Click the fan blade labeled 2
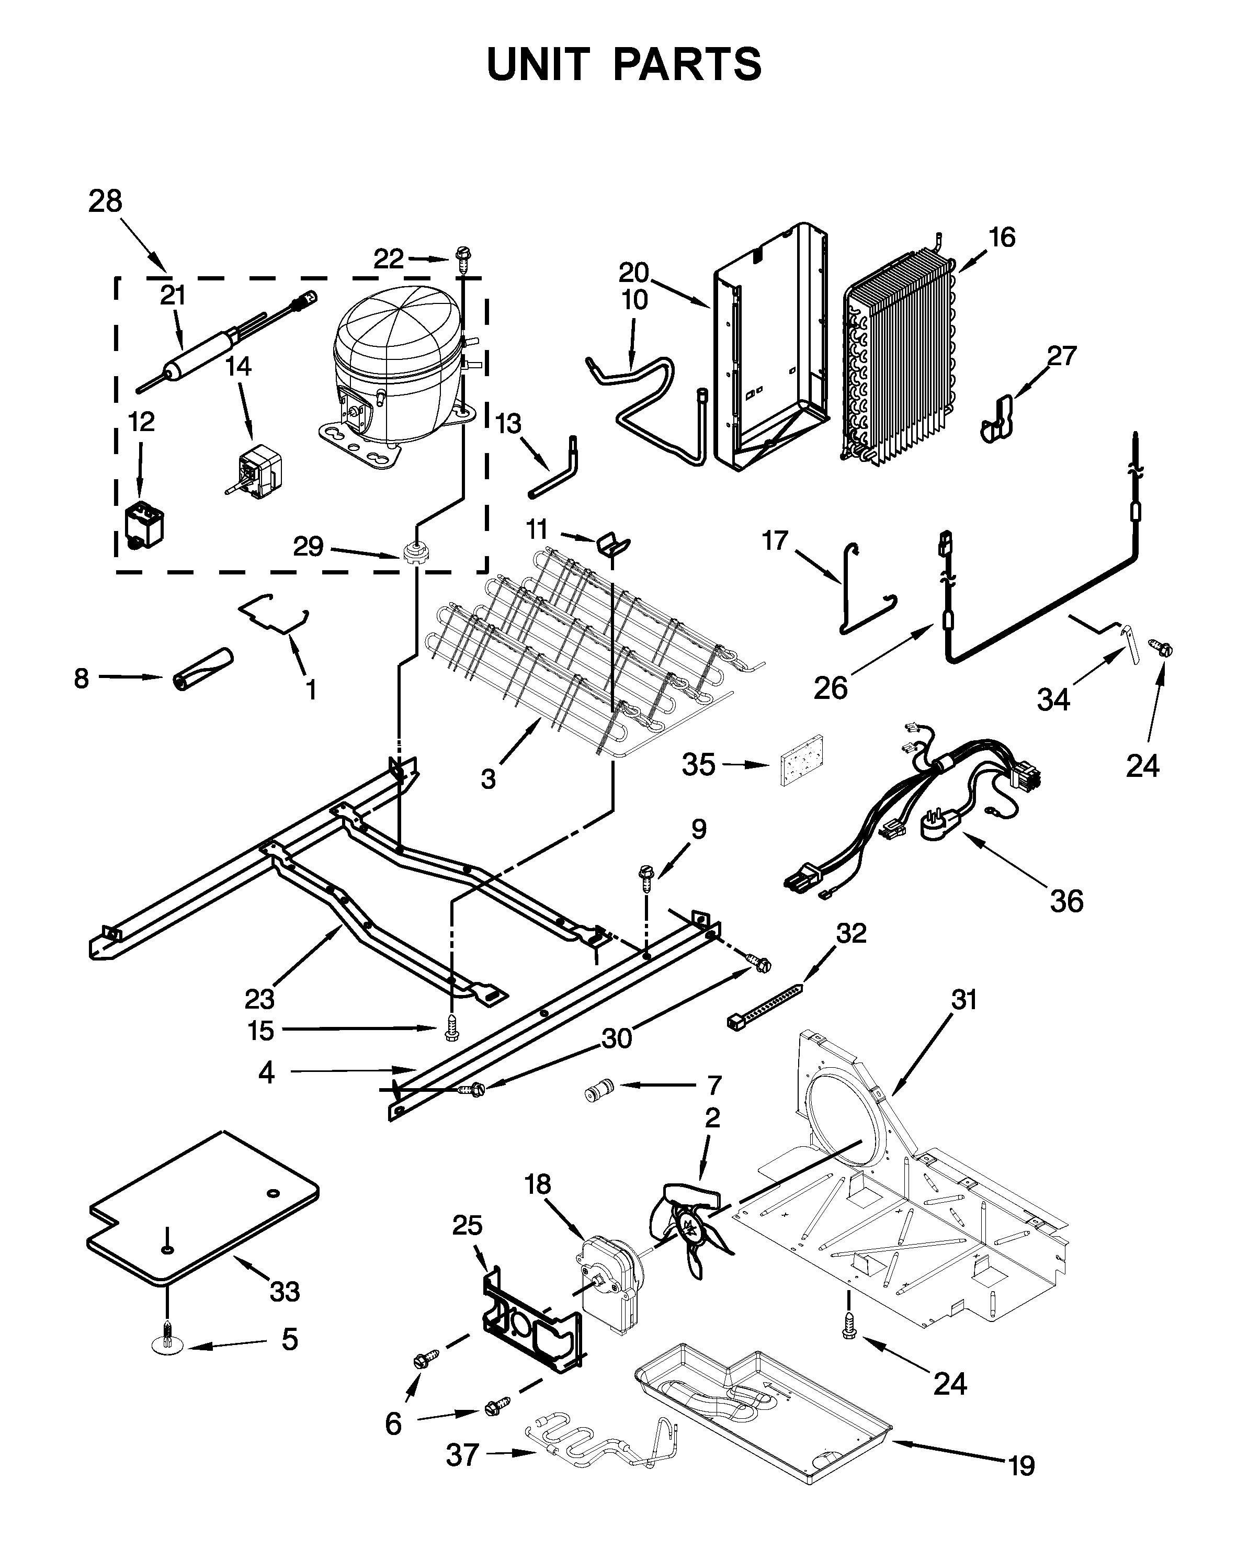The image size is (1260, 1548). pos(689,1227)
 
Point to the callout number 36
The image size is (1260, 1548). pos(1066,901)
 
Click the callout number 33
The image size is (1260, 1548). pos(285,1292)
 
